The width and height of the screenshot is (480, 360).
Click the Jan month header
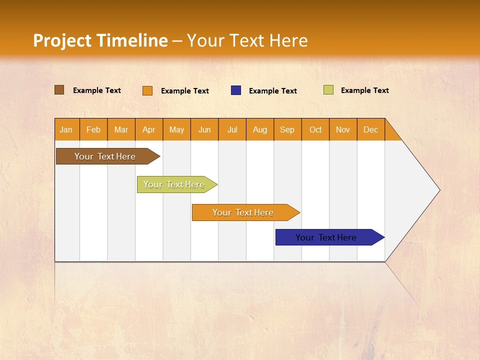pos(66,130)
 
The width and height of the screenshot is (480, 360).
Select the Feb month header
pos(93,130)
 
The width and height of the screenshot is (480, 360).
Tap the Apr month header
pos(149,130)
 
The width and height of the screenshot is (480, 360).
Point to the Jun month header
pos(204,130)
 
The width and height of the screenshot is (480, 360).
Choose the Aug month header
pos(260,130)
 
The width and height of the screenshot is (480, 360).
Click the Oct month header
pos(315,130)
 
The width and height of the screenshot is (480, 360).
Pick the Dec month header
pos(370,130)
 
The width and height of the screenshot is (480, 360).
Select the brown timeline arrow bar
pos(108,156)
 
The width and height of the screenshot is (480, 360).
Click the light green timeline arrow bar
pos(177,184)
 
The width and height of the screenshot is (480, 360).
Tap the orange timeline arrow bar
pos(246,212)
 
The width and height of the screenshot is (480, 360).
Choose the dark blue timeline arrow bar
pos(330,237)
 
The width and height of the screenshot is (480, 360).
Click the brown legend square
pos(59,90)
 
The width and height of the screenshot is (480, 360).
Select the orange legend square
pos(147,90)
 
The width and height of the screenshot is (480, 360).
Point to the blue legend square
pos(236,90)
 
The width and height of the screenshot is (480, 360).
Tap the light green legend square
pos(328,89)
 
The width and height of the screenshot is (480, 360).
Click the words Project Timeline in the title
pos(100,40)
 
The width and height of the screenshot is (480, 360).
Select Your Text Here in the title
pos(247,40)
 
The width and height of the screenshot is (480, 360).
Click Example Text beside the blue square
pos(273,91)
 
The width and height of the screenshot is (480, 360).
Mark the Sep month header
pos(287,130)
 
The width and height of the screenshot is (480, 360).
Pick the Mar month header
pos(121,130)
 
